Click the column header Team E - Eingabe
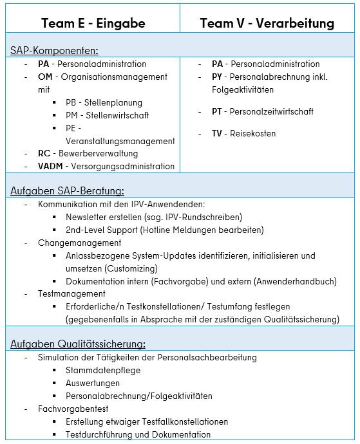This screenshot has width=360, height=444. point(93,23)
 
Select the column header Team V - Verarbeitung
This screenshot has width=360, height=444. point(267,23)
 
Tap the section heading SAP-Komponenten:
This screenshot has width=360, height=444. point(54,50)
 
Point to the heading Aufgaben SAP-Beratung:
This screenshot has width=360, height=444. point(68,190)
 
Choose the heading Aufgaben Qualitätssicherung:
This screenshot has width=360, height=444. point(78,344)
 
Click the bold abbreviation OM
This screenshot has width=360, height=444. point(45,77)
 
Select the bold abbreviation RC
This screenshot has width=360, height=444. point(44,154)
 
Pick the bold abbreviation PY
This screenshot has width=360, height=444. point(218,77)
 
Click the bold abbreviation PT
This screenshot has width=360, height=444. point(218,112)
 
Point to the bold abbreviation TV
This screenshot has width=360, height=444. point(218,134)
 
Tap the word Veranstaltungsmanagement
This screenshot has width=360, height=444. point(120,141)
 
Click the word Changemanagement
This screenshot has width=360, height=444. point(79,243)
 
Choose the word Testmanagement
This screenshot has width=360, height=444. point(72,294)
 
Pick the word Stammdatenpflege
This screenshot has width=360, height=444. point(103,371)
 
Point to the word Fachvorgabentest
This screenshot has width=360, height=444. point(73,409)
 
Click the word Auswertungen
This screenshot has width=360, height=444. point(93,384)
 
